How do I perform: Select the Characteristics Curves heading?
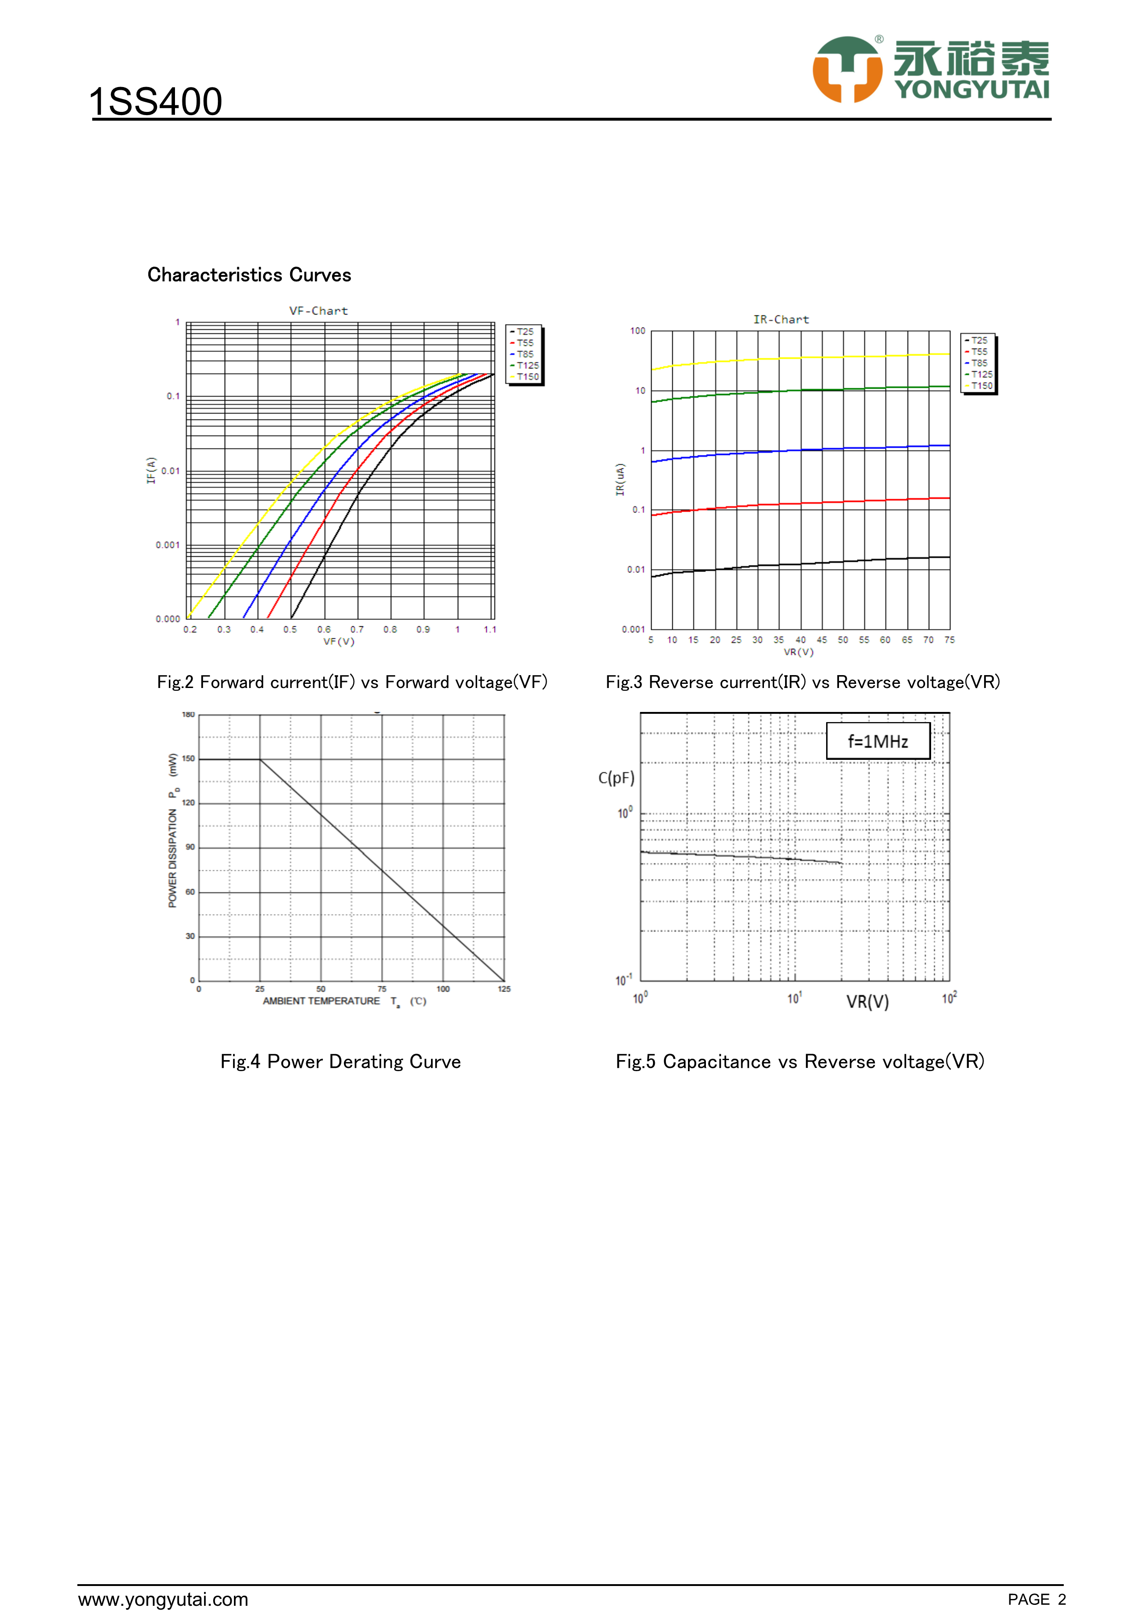click(249, 275)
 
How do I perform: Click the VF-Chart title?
click(319, 311)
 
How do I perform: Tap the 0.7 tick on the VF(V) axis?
click(357, 630)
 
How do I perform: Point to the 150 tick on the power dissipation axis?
click(188, 759)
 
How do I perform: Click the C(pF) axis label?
click(616, 778)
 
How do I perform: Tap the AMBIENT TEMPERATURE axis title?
click(321, 1001)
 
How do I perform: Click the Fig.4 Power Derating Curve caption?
click(340, 1061)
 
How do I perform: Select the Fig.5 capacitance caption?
click(799, 1061)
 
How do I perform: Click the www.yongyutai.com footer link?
click(163, 1599)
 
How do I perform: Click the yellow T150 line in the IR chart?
click(802, 358)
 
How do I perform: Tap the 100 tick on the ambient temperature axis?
click(443, 989)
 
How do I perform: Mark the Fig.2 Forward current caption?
click(352, 682)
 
